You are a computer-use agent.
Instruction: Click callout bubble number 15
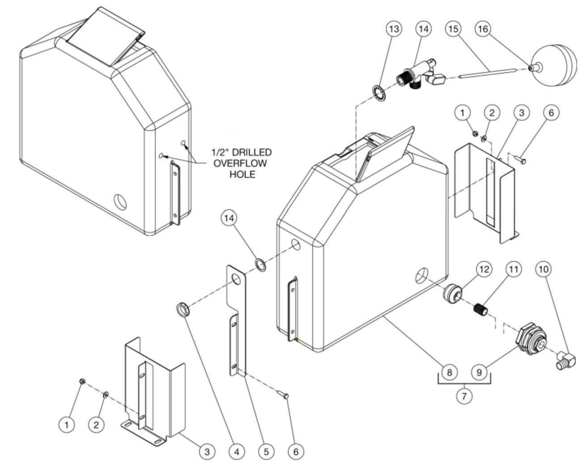pyautogui.click(x=453, y=29)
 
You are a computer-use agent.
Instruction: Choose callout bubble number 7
pyautogui.click(x=465, y=396)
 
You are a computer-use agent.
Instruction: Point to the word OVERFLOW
pyautogui.click(x=240, y=163)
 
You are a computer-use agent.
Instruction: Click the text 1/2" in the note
pyautogui.click(x=219, y=152)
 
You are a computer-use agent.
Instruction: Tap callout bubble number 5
pyautogui.click(x=266, y=452)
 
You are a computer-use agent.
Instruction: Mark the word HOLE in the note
pyautogui.click(x=242, y=174)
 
